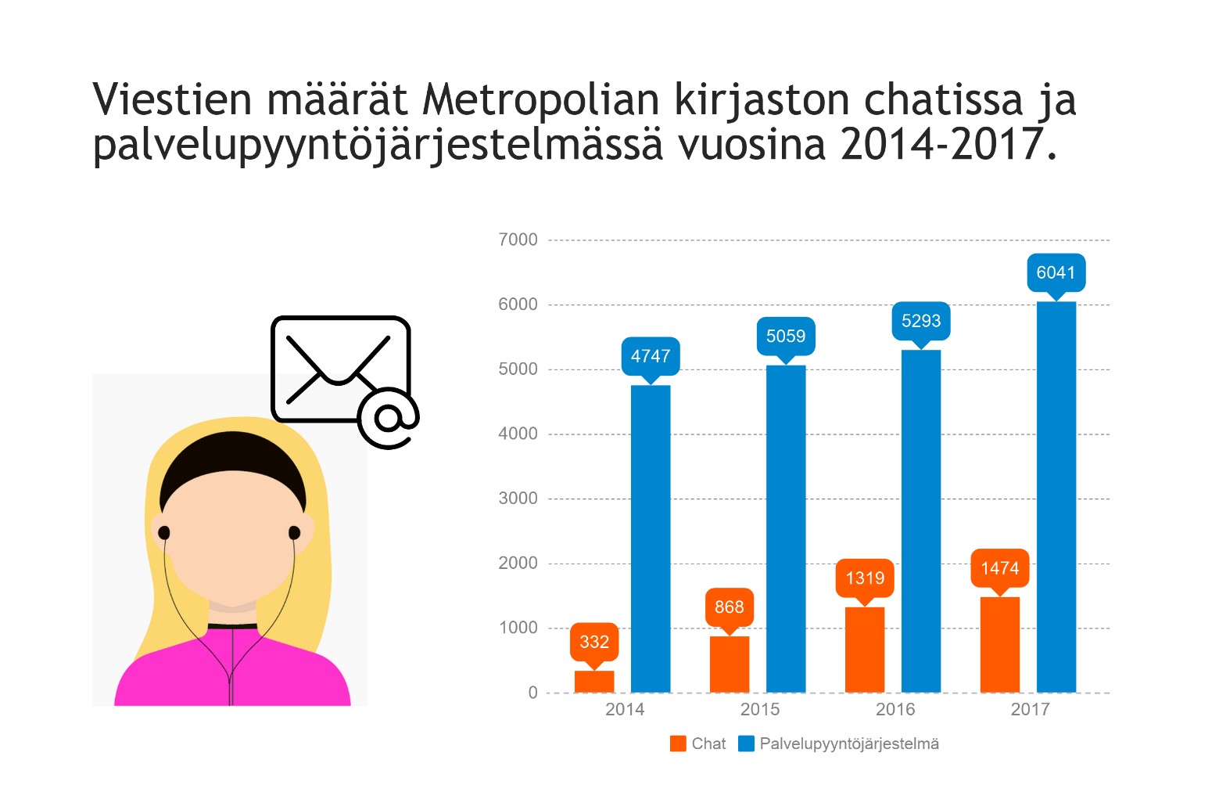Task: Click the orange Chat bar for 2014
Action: pos(594,681)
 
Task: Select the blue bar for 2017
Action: pos(1056,497)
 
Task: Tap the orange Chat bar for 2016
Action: pos(865,650)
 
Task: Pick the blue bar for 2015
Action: pos(786,528)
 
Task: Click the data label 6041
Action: pos(1056,272)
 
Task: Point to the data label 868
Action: pos(730,607)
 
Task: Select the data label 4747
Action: pos(651,356)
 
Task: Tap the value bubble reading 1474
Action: pos(1000,568)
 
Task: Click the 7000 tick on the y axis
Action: pos(518,239)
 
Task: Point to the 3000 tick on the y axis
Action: pos(518,499)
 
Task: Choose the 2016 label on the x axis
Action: pos(895,709)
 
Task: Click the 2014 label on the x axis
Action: pos(625,709)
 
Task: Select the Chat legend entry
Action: pos(698,744)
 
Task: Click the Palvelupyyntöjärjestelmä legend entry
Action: pos(839,744)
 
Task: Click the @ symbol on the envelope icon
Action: pos(389,419)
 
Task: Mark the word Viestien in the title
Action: pos(172,99)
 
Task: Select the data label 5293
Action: pos(921,321)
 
